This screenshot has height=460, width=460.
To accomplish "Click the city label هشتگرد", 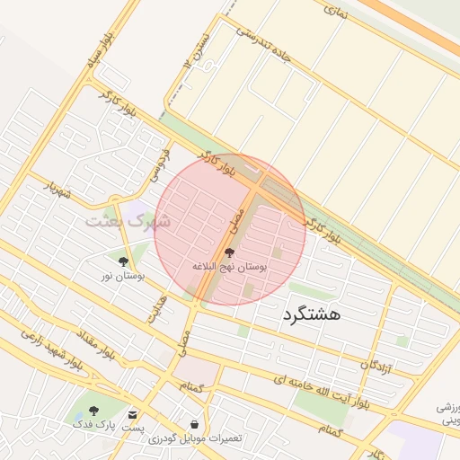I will pyautogui.click(x=299, y=315).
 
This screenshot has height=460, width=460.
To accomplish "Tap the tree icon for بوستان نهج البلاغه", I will pyautogui.click(x=229, y=253).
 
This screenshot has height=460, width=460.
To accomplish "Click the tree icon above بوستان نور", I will pyautogui.click(x=123, y=262).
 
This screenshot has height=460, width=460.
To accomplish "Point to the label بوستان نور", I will pyautogui.click(x=123, y=276).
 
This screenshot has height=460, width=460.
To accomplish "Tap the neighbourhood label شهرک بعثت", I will pyautogui.click(x=133, y=218).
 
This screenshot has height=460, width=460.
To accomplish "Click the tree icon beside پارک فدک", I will pyautogui.click(x=93, y=411).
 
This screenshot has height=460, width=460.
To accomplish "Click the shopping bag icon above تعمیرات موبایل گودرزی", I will pyautogui.click(x=195, y=424).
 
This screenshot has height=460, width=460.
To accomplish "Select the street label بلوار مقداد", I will pyautogui.click(x=97, y=341).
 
